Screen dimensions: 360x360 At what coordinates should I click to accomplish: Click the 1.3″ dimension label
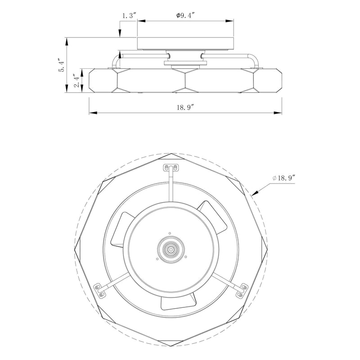tap(129, 16)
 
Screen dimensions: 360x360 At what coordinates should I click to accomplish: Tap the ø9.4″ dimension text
tap(185, 15)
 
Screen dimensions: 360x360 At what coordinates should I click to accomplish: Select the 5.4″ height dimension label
tap(62, 65)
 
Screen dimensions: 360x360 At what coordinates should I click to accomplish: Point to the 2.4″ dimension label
tap(77, 81)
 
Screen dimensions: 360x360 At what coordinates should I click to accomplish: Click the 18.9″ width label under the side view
tap(185, 107)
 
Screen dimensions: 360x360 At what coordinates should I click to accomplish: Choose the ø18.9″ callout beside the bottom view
tap(283, 178)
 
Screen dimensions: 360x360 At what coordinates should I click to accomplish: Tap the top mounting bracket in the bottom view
tap(171, 167)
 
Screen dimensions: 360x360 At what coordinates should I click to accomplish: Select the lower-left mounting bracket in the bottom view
tap(99, 290)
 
